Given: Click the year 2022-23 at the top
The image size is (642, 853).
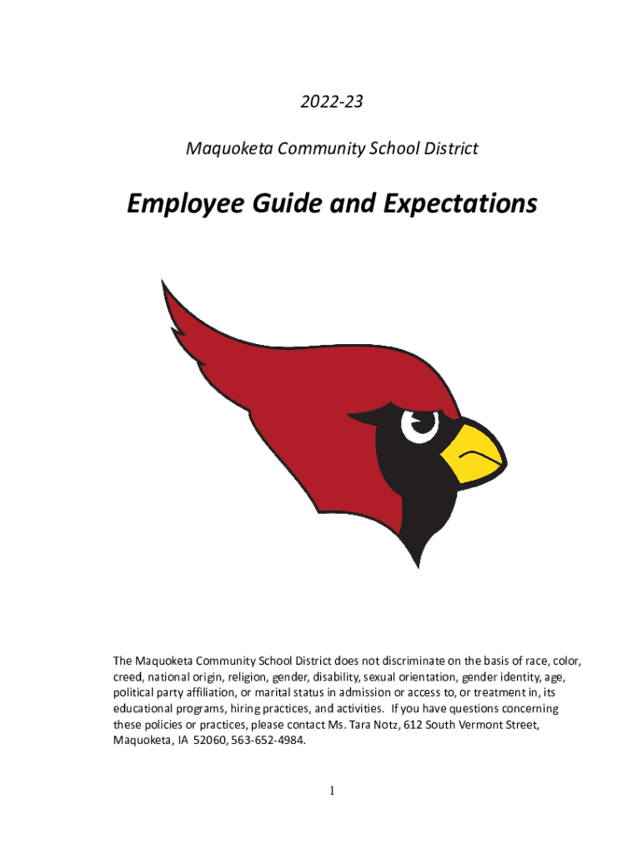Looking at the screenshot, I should [x=332, y=102].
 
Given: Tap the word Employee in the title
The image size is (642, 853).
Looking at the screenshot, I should [x=184, y=203].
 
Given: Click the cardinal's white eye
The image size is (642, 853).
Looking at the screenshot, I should [x=419, y=422].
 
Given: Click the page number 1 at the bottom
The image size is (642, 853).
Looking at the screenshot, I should [x=332, y=791].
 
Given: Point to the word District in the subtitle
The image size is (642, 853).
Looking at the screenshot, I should [x=449, y=149].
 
